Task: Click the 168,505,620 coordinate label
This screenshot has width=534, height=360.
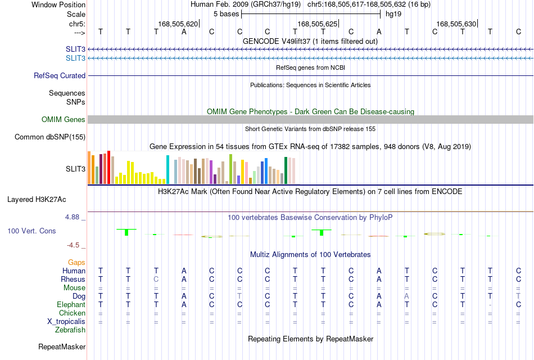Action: click(x=178, y=24)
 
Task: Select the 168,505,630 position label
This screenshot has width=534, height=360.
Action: click(x=456, y=24)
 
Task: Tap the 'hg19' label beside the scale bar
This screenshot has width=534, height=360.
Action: click(x=393, y=14)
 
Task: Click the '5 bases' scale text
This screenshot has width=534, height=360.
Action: click(x=226, y=14)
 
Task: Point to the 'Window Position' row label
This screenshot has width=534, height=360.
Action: click(x=58, y=4)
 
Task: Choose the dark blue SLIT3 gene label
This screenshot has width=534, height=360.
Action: click(x=76, y=49)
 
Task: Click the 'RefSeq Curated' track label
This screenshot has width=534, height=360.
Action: click(x=60, y=76)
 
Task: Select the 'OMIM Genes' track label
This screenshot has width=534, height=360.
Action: click(x=64, y=119)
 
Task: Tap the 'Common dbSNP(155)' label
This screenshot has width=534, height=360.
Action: click(x=50, y=137)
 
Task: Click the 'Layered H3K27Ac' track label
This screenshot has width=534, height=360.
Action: click(x=37, y=200)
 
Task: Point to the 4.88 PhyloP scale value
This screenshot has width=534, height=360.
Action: click(x=72, y=217)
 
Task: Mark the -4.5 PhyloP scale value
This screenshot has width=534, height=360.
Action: click(x=73, y=245)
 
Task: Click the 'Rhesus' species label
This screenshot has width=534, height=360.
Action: click(x=73, y=279)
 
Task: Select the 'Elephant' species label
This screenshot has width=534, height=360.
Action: click(x=71, y=304)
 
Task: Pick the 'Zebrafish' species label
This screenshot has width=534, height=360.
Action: click(x=70, y=330)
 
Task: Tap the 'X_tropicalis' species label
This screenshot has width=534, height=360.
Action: click(x=66, y=322)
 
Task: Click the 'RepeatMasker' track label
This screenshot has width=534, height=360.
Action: click(x=62, y=346)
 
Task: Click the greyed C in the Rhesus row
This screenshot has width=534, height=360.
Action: click(x=156, y=279)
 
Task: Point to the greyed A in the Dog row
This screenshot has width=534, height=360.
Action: click(x=406, y=296)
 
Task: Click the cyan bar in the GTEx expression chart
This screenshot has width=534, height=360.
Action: click(x=168, y=170)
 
